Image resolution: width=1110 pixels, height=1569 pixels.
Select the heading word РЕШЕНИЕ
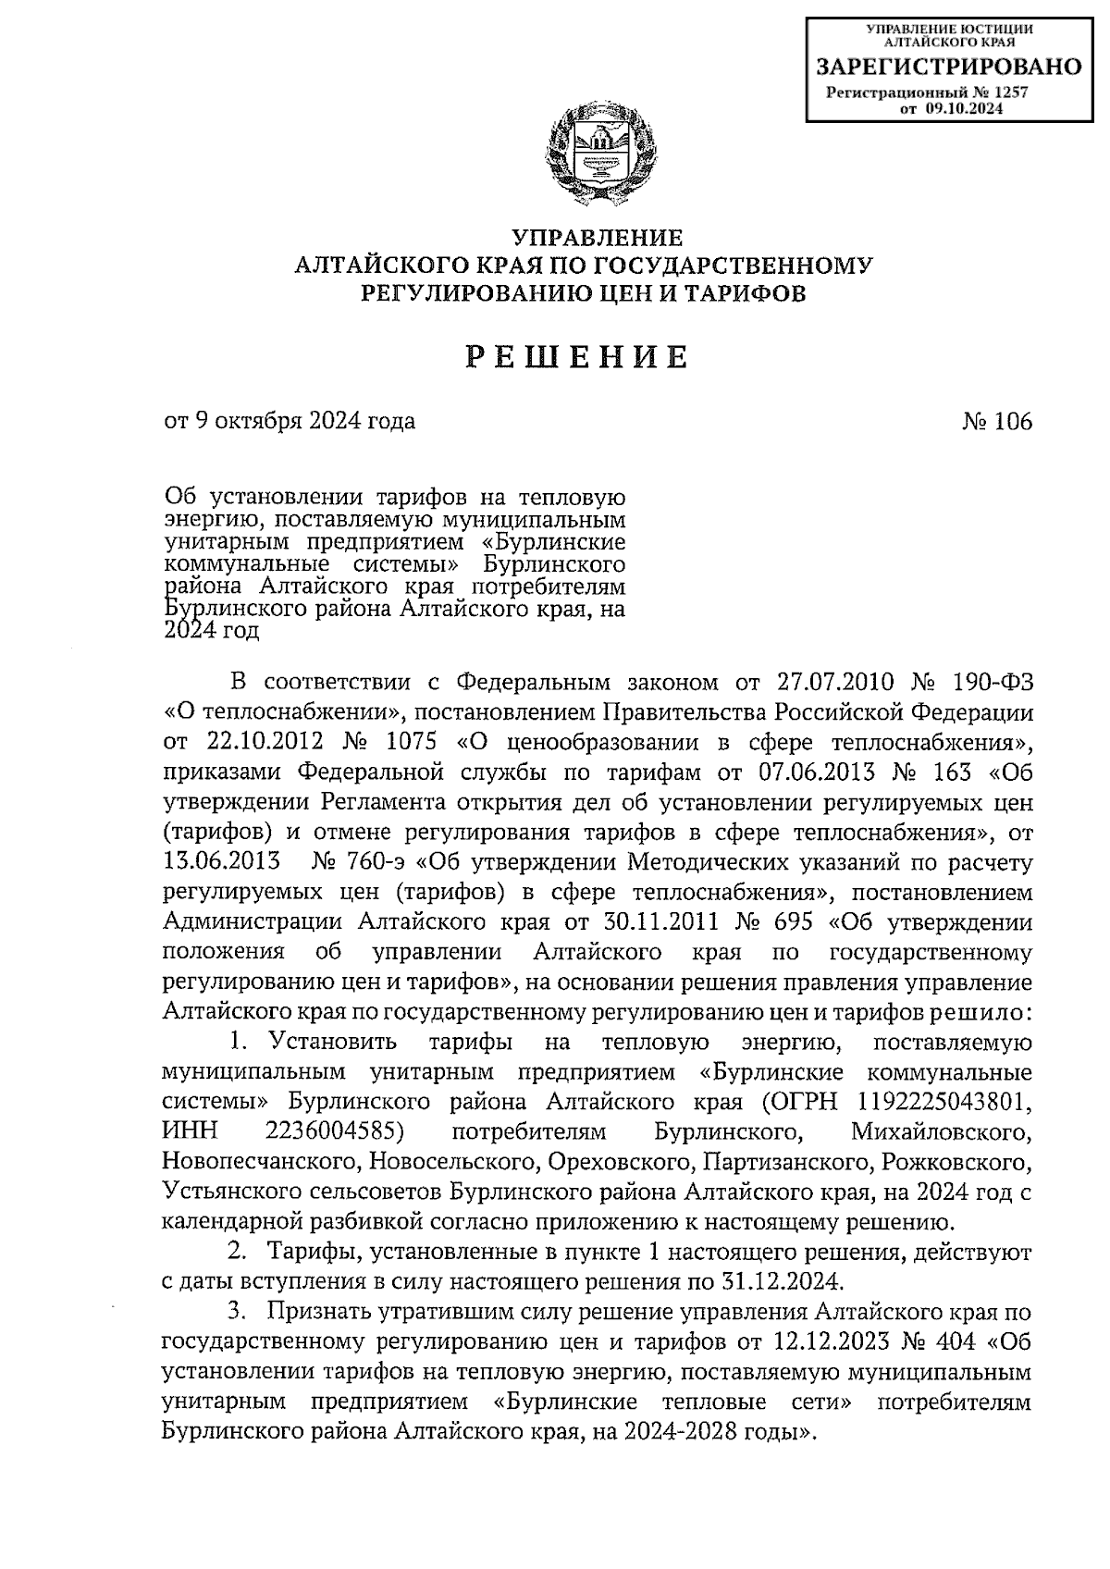[x=576, y=357]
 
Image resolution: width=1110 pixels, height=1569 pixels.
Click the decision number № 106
[x=997, y=422]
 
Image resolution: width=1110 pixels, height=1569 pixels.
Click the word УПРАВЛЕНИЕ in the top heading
[x=597, y=239]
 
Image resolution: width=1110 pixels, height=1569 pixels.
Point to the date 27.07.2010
[x=831, y=684]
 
